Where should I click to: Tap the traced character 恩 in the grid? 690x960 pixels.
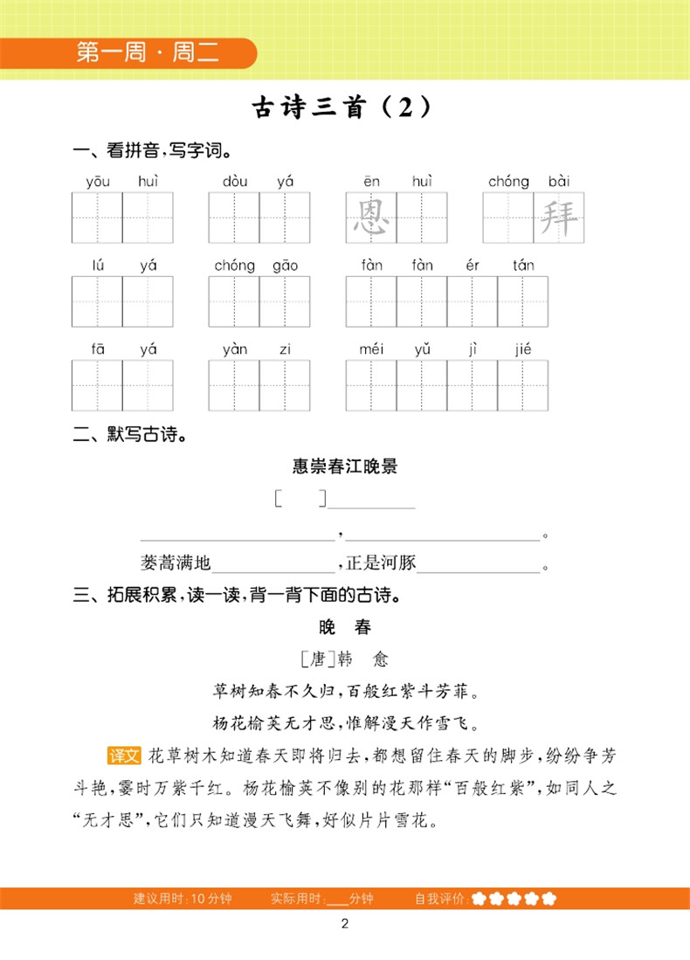point(371,218)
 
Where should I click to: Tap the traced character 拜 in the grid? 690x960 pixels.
point(558,218)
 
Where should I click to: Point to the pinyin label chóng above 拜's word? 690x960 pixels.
point(508,182)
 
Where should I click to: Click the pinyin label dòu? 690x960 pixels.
point(234,182)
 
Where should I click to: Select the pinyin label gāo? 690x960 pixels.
point(285,266)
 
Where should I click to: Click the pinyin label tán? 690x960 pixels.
point(523,266)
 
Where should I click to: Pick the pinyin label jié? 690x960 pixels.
point(523,349)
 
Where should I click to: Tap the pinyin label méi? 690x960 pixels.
point(371,349)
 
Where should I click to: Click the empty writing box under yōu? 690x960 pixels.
point(97,218)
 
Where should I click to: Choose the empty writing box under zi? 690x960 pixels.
point(285,385)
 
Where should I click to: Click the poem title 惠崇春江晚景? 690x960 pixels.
point(345,466)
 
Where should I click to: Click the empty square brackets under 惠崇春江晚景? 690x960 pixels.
point(300,500)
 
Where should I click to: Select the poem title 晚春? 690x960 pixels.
point(345,628)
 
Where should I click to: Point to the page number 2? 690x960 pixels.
point(345,925)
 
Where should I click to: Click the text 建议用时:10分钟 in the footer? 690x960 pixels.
point(183,899)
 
